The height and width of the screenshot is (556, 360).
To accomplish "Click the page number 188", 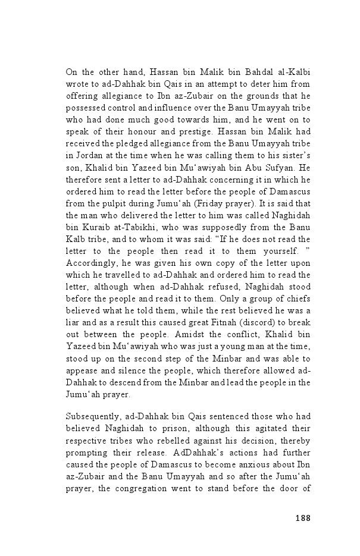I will [302, 517].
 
